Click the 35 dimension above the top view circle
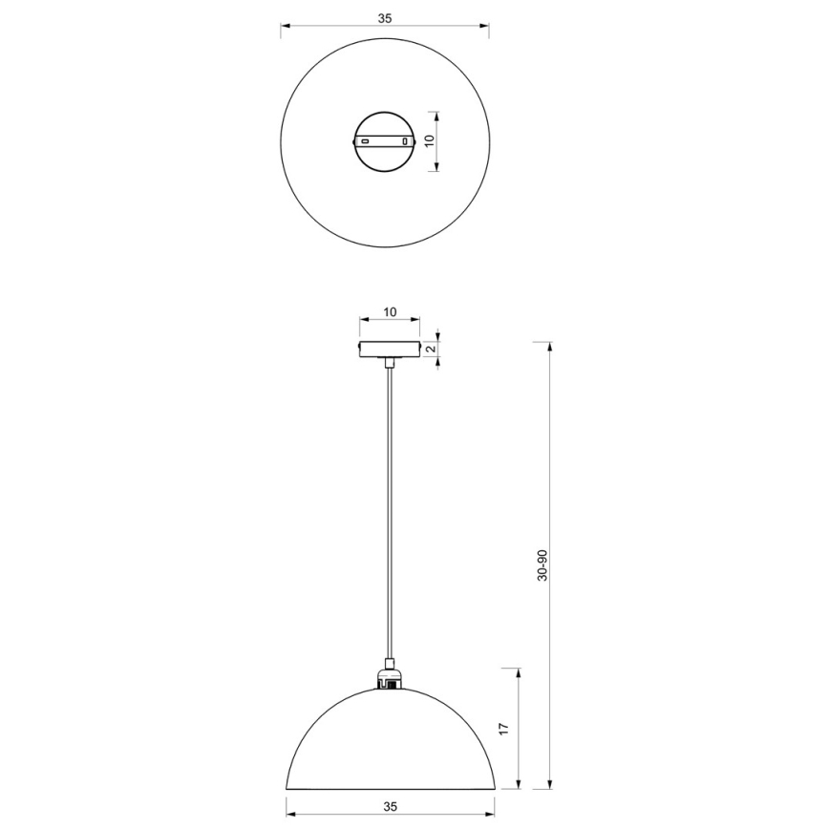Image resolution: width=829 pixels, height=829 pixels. pos(384,18)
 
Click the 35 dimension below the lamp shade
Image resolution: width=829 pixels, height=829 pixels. pos(390,806)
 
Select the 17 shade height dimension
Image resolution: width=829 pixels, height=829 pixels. pos(504,728)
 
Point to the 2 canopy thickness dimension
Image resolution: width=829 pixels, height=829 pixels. pos(431,350)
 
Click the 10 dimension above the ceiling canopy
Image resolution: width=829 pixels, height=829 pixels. pos(389,312)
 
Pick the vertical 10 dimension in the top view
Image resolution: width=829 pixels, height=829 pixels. pos(429,139)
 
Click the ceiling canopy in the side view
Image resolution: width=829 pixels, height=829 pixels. pos(389,349)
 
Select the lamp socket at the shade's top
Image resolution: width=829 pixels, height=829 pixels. pos(389,679)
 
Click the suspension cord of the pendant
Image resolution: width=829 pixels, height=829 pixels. pos(389,516)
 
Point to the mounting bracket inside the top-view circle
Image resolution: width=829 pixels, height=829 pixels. pos(385,140)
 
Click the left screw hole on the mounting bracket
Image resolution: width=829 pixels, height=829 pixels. pos(364,141)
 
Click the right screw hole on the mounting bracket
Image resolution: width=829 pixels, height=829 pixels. pos(407,141)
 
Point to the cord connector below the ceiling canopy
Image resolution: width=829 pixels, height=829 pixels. pos(389,363)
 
